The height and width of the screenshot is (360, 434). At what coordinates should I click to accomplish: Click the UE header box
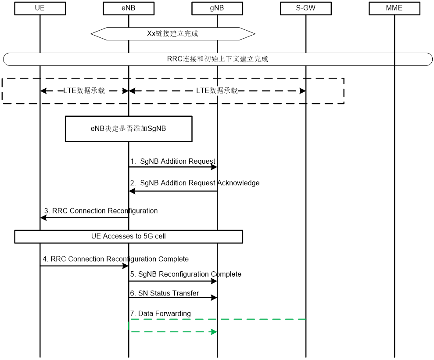39,8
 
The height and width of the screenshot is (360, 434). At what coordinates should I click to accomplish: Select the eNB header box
128,8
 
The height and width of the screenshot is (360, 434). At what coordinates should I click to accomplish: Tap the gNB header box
217,8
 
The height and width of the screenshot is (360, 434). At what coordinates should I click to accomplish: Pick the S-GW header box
306,8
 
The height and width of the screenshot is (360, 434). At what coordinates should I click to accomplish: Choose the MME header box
394,8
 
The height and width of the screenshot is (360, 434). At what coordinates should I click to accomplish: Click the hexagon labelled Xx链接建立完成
173,33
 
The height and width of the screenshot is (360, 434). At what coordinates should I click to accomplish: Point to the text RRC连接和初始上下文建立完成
218,59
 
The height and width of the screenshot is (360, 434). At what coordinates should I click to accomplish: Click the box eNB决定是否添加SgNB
128,129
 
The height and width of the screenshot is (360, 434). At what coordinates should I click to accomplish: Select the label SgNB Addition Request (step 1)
178,162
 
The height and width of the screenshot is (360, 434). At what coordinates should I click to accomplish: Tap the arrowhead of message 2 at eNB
132,191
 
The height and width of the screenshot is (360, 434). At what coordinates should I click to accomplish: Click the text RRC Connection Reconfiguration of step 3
105,211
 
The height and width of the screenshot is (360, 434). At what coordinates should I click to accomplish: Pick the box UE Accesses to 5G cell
128,236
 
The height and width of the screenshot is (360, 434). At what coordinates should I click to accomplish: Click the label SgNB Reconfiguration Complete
190,274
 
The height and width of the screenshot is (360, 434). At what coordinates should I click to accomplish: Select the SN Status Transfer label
169,293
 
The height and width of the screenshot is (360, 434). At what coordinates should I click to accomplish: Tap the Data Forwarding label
164,313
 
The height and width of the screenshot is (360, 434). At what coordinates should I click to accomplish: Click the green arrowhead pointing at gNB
214,331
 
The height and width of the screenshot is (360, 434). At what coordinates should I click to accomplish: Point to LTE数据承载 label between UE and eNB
84,91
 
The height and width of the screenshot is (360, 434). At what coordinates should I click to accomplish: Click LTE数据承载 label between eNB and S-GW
217,91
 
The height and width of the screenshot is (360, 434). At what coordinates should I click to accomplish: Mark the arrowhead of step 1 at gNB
214,167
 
